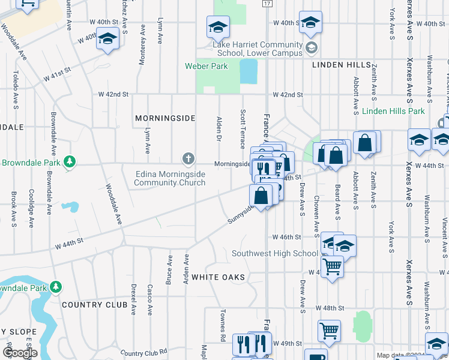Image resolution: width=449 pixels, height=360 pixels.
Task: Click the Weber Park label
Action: pos(206,66)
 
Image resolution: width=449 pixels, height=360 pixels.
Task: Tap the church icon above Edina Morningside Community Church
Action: pos(188,159)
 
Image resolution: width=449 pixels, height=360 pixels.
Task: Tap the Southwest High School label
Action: pos(275,253)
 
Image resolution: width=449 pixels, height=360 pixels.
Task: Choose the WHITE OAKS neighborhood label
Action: pos(218,277)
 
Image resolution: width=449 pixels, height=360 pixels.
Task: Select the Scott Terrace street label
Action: pos(243,129)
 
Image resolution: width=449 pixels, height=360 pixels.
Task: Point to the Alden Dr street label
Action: pos(219,129)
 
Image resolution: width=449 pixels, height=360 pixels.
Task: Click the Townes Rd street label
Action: pos(222,322)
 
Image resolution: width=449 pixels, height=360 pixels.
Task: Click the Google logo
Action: pos(20,352)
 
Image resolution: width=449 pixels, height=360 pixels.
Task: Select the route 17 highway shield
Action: pos(266,4)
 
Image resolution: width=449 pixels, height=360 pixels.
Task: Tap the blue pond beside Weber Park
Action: pos(248,72)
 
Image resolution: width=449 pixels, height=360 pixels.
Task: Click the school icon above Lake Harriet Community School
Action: pos(218,26)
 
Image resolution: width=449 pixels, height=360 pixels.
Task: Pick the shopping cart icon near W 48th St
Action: pos(329,330)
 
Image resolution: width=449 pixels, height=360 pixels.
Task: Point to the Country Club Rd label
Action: pos(142,353)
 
